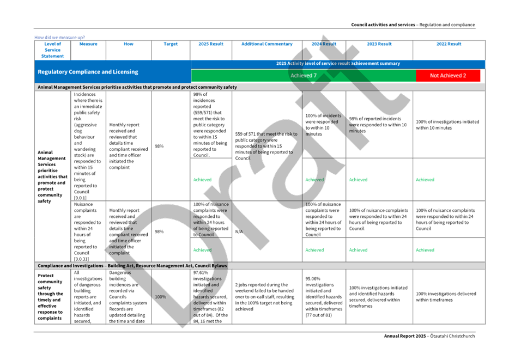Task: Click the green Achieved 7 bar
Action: [x=303, y=76]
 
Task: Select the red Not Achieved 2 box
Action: [x=448, y=76]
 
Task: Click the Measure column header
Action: [x=88, y=44]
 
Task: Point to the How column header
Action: [x=129, y=44]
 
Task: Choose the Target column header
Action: [x=171, y=44]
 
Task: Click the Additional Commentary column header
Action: [x=267, y=44]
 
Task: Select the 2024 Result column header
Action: [x=324, y=44]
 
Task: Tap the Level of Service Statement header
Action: [x=53, y=50]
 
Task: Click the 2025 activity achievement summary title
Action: [x=338, y=64]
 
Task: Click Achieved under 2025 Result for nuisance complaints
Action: [x=202, y=250]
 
